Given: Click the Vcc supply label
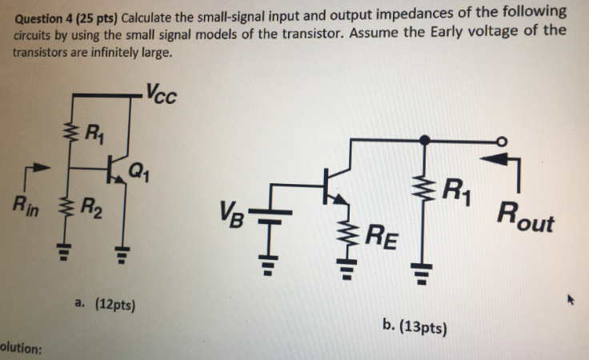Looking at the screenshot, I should [x=162, y=95].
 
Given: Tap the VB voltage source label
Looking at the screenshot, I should [x=231, y=214].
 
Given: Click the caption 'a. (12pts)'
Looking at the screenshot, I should [x=104, y=304].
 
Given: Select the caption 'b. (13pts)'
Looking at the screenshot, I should [x=415, y=326].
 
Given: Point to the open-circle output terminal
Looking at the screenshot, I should [x=503, y=139].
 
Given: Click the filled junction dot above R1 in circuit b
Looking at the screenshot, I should [x=425, y=139].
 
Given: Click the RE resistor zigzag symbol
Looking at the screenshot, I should [x=348, y=232].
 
